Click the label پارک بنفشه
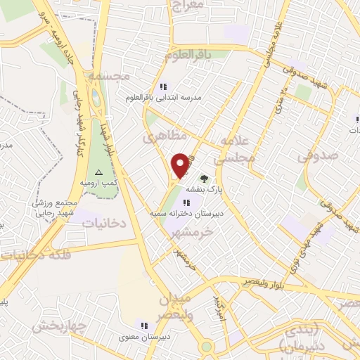click(204, 190)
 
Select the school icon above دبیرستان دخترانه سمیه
click(186, 202)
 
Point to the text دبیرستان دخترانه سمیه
click(185, 212)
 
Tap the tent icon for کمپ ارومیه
click(98, 173)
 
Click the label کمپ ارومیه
click(98, 183)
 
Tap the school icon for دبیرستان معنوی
click(144, 326)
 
